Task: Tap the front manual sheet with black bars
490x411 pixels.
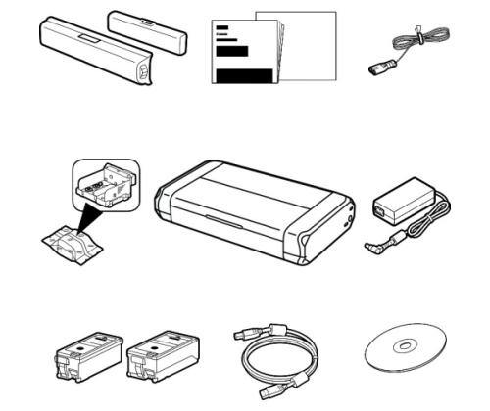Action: coord(240,58)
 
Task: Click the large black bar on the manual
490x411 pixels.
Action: coord(244,76)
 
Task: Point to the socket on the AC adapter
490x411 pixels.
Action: coord(379,207)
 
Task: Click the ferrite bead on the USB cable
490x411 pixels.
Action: coord(285,339)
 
